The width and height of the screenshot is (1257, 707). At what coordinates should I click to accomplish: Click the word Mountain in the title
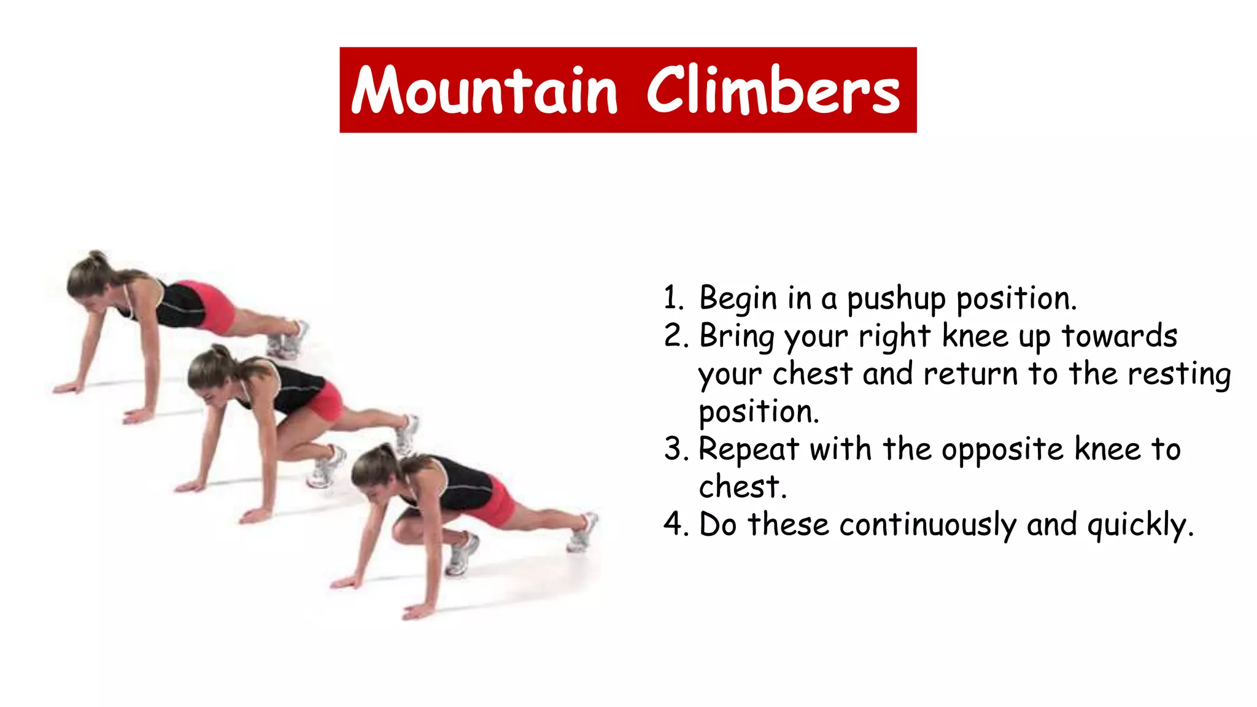(x=484, y=91)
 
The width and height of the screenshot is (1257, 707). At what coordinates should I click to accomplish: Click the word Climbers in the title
(x=773, y=91)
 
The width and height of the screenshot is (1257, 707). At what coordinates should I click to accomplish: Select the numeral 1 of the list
(x=673, y=299)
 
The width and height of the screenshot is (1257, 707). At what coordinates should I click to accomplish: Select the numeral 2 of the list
(x=674, y=337)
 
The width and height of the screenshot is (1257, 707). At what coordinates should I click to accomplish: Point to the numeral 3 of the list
(x=674, y=450)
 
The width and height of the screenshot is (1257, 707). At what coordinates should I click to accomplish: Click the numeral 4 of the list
(x=674, y=525)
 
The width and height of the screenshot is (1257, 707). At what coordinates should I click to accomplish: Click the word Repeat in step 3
(x=748, y=450)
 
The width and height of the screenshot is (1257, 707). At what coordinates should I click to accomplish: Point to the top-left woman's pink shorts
(x=212, y=307)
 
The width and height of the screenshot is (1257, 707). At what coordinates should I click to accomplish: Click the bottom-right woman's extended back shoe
(x=582, y=531)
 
